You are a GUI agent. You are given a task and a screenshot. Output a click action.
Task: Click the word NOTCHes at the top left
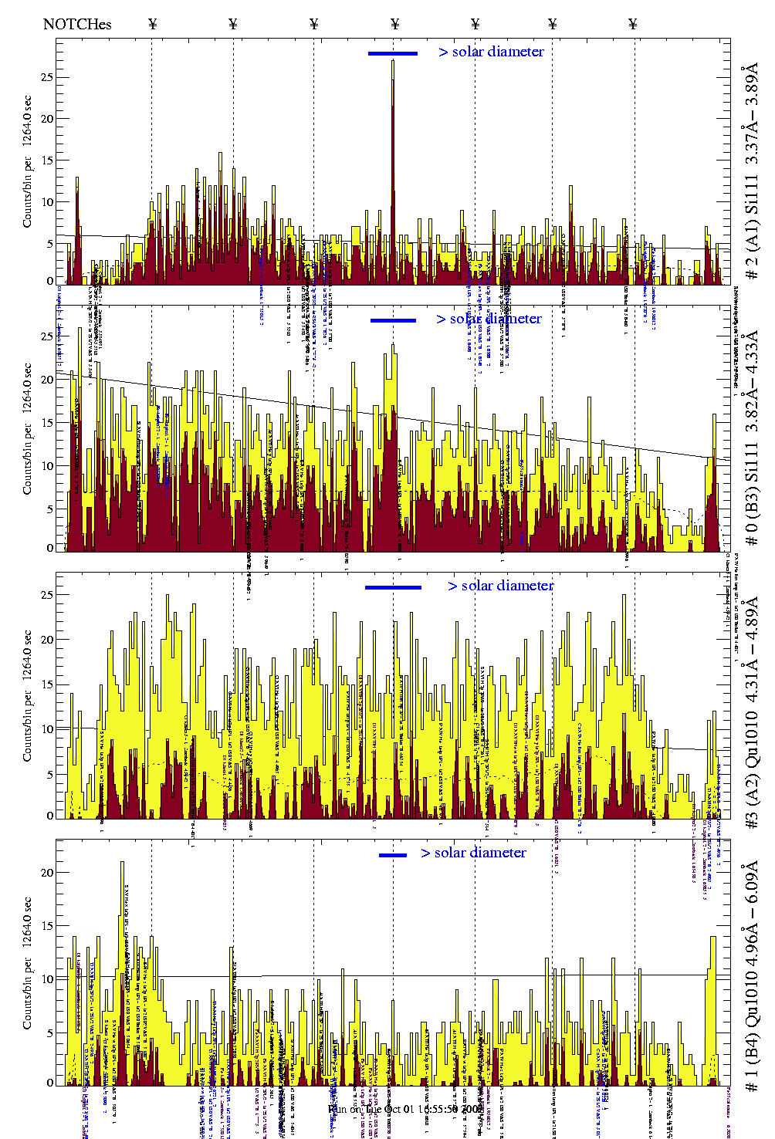click(x=77, y=24)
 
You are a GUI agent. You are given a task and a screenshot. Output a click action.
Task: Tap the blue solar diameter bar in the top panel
click(x=392, y=53)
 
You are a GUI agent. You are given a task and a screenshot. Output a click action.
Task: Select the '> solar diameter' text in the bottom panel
click(x=474, y=853)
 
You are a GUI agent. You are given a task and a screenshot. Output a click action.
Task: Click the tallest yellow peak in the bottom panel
click(x=122, y=865)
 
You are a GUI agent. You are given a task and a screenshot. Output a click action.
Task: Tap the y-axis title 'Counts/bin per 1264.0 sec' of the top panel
click(x=28, y=161)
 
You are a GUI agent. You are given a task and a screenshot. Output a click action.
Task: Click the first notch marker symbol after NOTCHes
click(x=153, y=24)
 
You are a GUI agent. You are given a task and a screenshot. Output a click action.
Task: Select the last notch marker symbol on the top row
click(x=633, y=24)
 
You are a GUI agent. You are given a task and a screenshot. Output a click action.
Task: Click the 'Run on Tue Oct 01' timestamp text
click(x=406, y=1109)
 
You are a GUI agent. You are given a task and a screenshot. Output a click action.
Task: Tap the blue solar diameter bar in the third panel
click(x=393, y=587)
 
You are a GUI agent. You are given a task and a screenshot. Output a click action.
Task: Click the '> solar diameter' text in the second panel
click(x=489, y=319)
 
